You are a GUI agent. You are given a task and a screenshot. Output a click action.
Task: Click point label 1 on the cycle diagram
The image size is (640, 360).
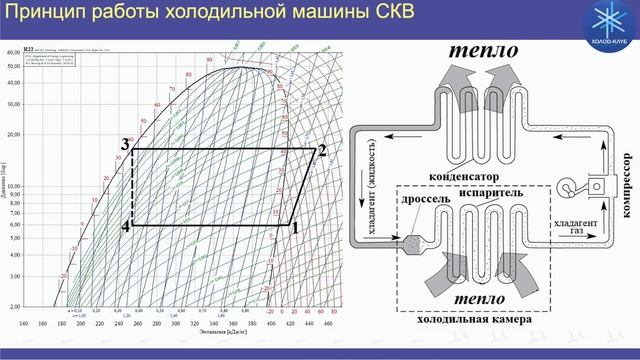point(295,227)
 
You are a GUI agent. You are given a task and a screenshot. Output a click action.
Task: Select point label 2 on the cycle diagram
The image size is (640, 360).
point(321,151)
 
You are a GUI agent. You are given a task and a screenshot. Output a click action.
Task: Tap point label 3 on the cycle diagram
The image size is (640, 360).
point(125,146)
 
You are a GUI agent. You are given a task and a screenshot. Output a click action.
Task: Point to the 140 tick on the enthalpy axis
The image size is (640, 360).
point(23,324)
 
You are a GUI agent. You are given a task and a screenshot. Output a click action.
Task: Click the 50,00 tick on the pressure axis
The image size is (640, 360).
point(13,66)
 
